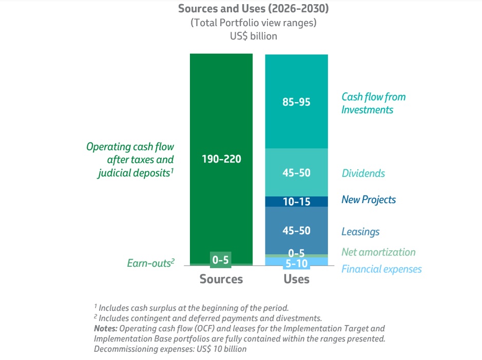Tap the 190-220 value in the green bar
point(221,159)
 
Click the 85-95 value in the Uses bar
point(296,102)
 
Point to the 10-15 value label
point(296,202)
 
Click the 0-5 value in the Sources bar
point(220,260)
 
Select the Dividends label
point(363,173)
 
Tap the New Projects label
point(369,199)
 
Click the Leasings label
point(360,231)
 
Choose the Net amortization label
point(378,252)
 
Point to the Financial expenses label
point(381,269)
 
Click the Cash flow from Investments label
point(373,103)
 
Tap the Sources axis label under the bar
point(221,279)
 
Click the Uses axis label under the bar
point(296,279)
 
